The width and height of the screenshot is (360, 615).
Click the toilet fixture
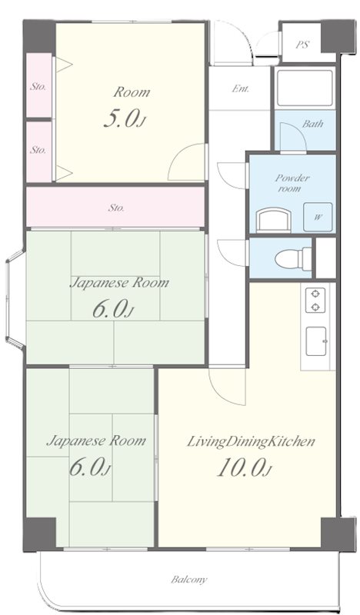click(293, 259)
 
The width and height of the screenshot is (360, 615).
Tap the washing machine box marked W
click(318, 217)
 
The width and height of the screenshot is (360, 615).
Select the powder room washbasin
click(274, 220)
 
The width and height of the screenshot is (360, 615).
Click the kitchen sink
click(316, 341)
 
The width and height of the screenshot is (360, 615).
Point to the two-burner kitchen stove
click(315, 300)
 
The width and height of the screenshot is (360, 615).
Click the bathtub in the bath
click(305, 88)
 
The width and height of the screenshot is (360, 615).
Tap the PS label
click(302, 45)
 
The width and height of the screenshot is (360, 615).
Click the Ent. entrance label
click(240, 89)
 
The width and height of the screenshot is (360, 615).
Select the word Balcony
click(188, 580)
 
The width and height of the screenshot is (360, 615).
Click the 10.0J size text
click(243, 468)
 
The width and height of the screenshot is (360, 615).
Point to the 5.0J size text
click(125, 118)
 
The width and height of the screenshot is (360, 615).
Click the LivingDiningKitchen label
click(251, 442)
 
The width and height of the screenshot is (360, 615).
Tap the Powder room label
click(292, 183)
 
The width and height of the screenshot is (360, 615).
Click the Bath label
click(313, 124)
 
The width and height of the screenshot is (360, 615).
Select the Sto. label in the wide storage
click(116, 208)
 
